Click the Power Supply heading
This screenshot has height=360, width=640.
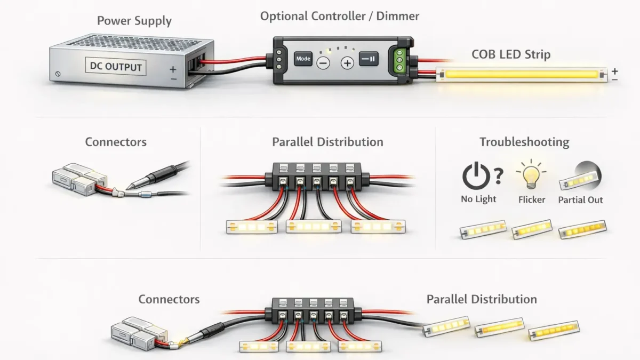point(134,21)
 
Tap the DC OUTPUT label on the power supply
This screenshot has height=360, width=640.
point(116,67)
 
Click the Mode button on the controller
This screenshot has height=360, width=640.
point(303,59)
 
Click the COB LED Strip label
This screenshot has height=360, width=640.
point(511,54)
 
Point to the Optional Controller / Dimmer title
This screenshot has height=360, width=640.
point(339,16)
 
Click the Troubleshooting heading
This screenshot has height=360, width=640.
point(524,142)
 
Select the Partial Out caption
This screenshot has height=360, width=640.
point(580,200)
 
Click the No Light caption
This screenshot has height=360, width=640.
point(478,199)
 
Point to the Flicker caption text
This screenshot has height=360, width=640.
point(531,199)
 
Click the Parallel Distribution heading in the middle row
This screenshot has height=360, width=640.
point(327,142)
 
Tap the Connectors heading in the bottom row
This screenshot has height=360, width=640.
point(169,299)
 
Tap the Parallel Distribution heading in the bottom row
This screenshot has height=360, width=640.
point(481,299)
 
